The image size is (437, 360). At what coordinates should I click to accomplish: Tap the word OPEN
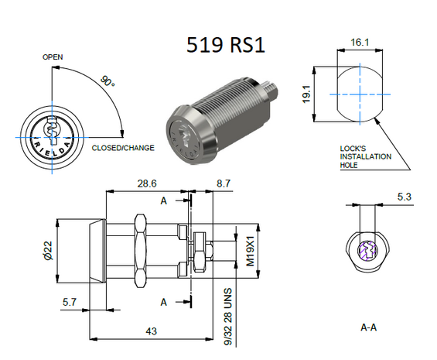53,57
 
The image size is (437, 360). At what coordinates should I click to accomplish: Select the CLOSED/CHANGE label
123,147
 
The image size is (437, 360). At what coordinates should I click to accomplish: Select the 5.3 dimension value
403,197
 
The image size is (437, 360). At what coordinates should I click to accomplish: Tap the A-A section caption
370,327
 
